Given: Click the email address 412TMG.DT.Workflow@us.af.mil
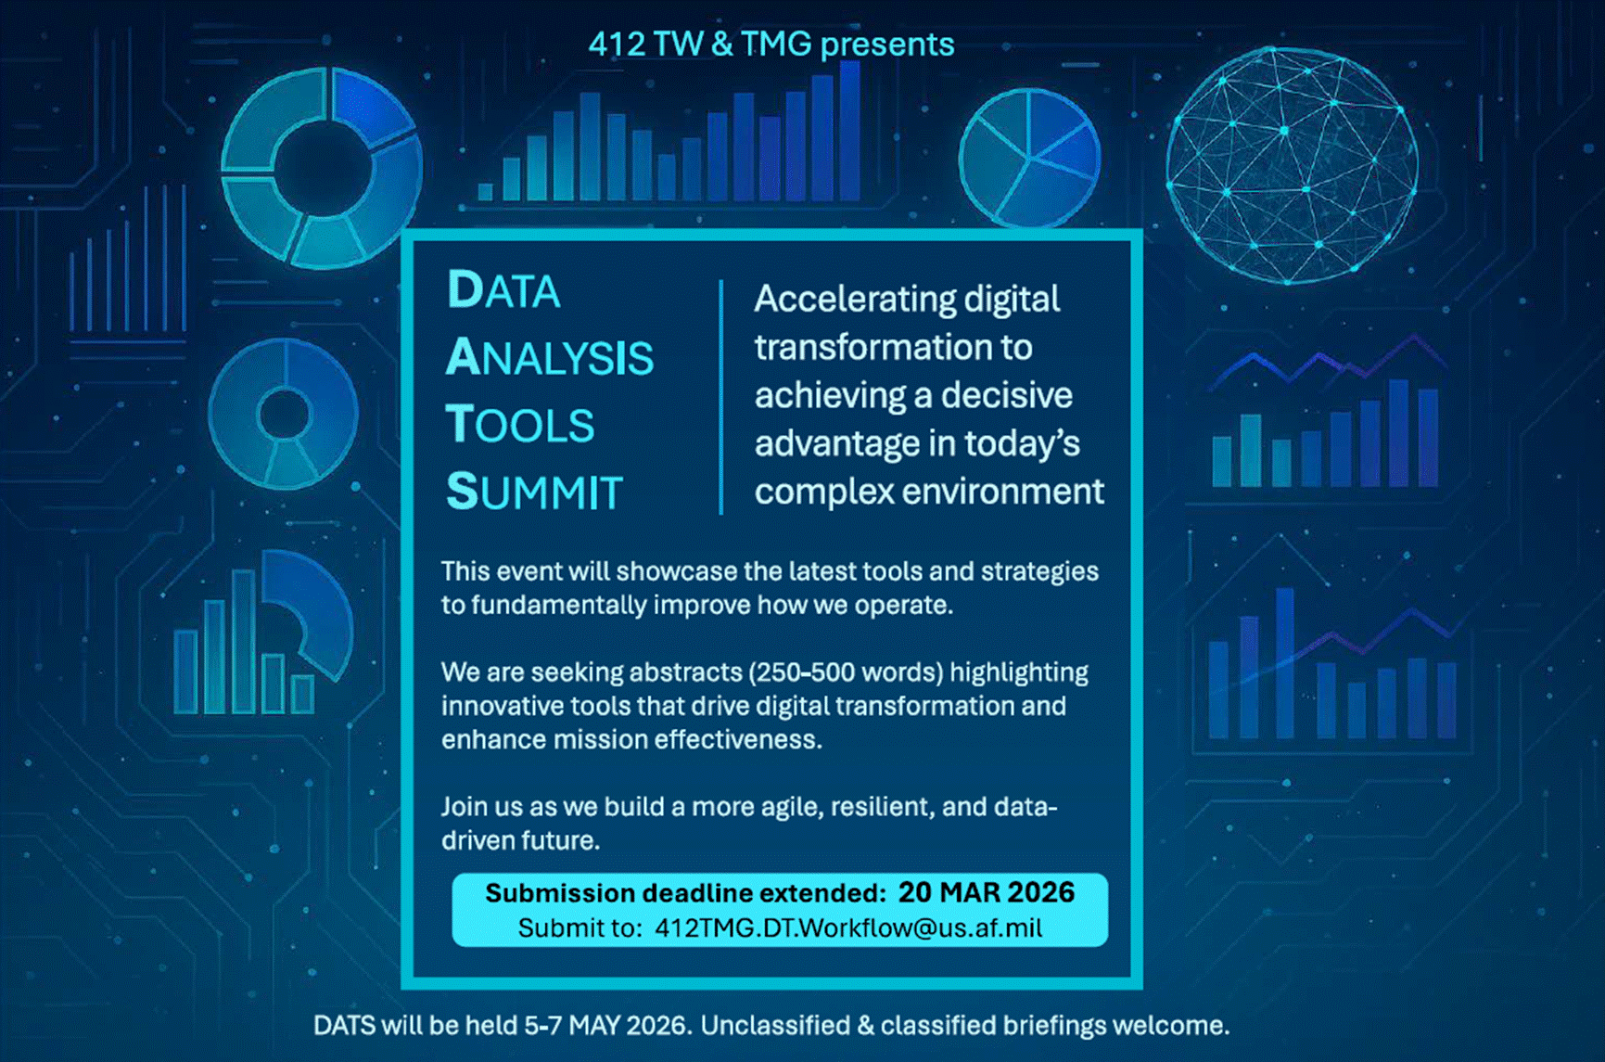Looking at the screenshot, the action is (848, 928).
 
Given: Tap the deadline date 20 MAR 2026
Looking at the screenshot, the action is (987, 892).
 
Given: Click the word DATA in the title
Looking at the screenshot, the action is (503, 290).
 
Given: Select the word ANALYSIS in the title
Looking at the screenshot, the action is (550, 358).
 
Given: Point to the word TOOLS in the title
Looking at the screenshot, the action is (520, 425).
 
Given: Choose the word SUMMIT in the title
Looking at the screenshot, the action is (534, 492).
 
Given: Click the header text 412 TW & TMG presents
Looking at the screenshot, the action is (771, 45).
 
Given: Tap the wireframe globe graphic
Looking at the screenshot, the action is (1293, 165).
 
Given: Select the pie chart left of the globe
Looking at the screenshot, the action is (1029, 159).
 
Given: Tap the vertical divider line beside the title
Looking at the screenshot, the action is (720, 397).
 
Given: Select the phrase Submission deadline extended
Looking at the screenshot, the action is (686, 893).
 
